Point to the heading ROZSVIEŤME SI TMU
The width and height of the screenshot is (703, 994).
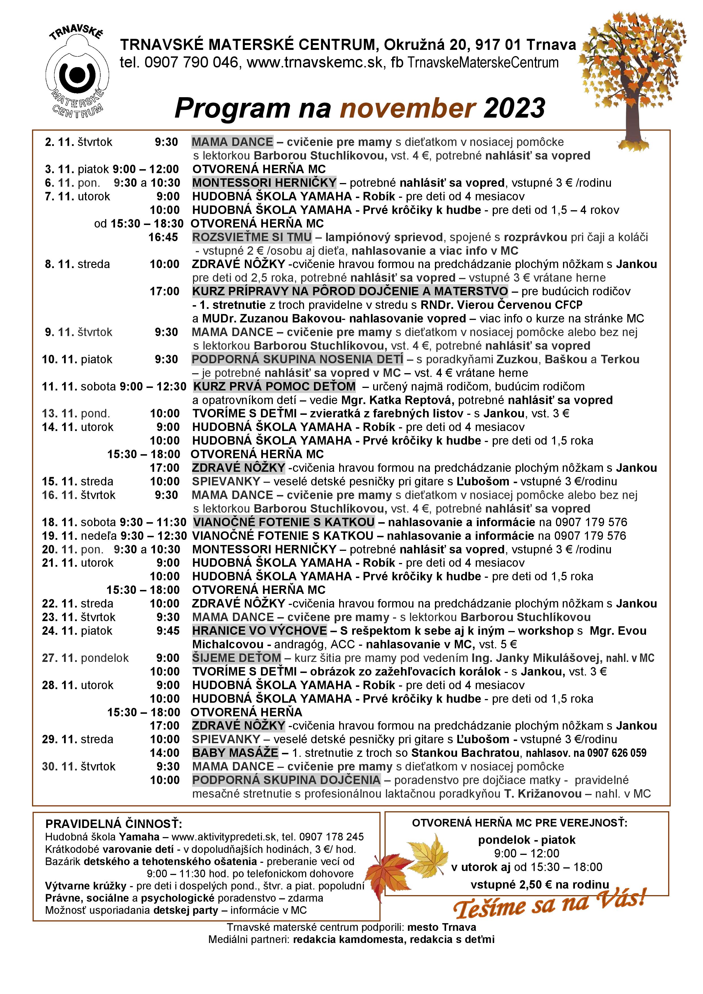[x=252, y=237]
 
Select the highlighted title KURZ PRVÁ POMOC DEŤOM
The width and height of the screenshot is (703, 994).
[x=275, y=386]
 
